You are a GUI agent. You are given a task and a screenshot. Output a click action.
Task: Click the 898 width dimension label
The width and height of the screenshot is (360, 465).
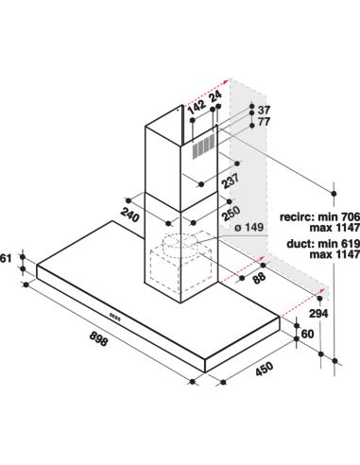pos(98,338)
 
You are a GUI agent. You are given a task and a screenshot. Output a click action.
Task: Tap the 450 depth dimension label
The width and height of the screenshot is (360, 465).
pos(264,369)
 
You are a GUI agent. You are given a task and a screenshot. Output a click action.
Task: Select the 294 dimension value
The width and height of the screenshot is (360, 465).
pos(318,314)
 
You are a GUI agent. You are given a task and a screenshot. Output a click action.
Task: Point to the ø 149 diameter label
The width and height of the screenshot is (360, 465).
pos(249,227)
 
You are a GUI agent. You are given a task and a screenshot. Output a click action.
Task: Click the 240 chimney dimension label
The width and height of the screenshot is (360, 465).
pos(129,215)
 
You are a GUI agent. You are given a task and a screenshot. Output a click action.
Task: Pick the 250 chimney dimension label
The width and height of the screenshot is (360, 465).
pos(231,214)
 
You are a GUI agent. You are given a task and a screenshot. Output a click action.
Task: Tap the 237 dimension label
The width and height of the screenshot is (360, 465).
pos(231,181)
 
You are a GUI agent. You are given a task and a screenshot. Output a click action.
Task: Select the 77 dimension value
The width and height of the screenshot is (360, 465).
pos(264,122)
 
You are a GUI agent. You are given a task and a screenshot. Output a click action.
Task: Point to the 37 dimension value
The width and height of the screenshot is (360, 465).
pos(264,111)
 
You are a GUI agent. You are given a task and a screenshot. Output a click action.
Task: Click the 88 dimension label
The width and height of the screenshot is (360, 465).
pos(259,278)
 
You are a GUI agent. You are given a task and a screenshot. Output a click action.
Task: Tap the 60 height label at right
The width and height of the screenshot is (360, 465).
pos(308,334)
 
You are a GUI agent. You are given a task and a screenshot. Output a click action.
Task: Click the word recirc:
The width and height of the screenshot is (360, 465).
pos(298,216)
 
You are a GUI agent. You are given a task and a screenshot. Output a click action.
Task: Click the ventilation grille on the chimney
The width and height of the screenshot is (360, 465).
pos(203,146)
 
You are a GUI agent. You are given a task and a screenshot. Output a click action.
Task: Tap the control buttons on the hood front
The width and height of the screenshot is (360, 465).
pos(115,317)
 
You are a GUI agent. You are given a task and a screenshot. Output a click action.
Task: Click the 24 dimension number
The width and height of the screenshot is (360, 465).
pos(215,96)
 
